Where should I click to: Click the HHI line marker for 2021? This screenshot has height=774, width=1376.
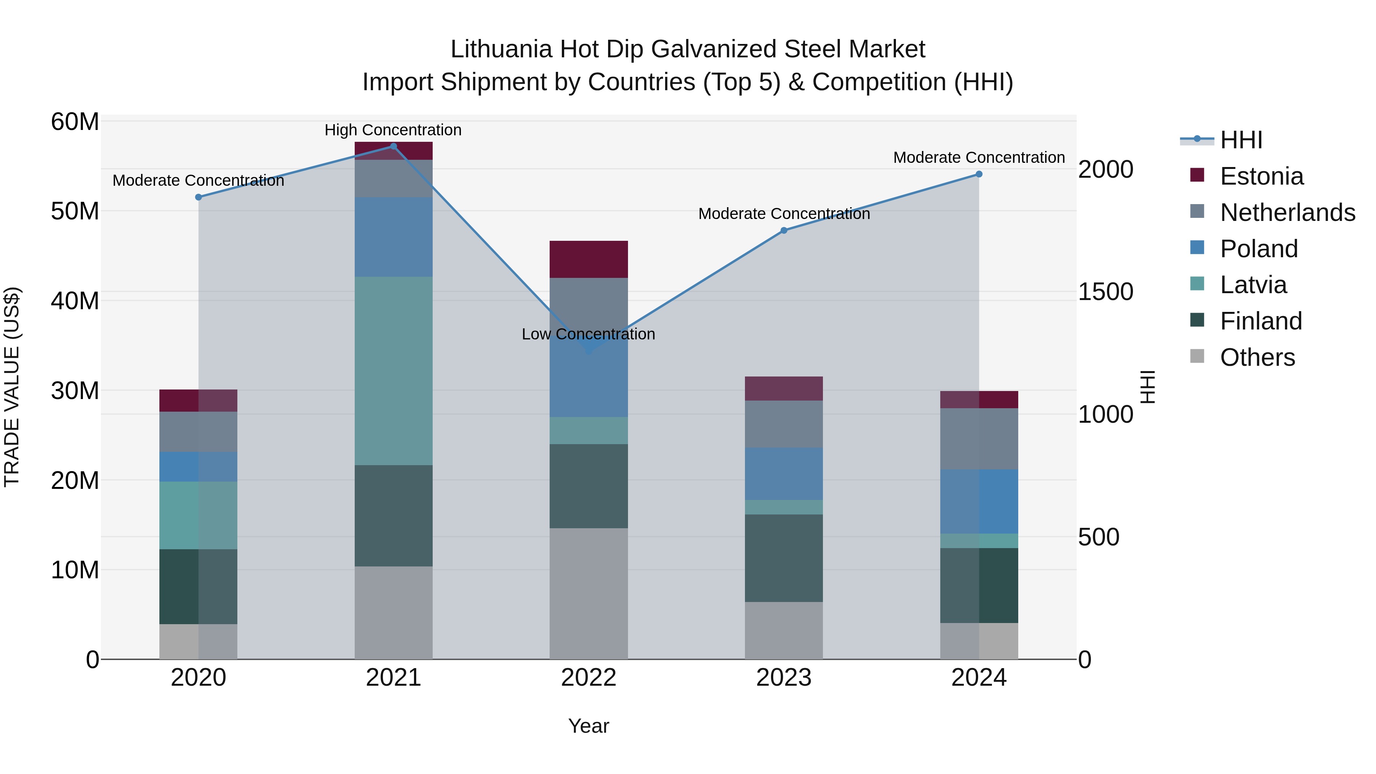pyautogui.click(x=393, y=146)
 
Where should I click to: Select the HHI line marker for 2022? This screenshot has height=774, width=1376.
pyautogui.click(x=589, y=351)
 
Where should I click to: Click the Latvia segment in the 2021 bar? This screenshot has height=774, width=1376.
pyautogui.click(x=393, y=371)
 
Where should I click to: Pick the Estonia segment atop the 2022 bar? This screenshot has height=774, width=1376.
pyautogui.click(x=589, y=259)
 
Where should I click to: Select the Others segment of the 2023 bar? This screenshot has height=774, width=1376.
pyautogui.click(x=784, y=630)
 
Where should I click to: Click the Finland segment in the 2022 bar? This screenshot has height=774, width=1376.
pyautogui.click(x=589, y=486)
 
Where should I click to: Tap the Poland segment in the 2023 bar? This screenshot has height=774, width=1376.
pyautogui.click(x=784, y=474)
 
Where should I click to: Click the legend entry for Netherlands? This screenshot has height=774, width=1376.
pyautogui.click(x=1287, y=213)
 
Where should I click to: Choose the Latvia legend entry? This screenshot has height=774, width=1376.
pyautogui.click(x=1253, y=285)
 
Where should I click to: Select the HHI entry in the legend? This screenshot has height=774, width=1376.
pyautogui.click(x=1241, y=140)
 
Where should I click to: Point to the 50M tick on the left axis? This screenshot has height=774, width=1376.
pyautogui.click(x=75, y=211)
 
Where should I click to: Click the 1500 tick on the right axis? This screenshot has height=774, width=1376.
pyautogui.click(x=1105, y=292)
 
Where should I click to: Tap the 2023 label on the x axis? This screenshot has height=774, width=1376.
pyautogui.click(x=784, y=678)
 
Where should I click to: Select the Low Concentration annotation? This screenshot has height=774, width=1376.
pyautogui.click(x=588, y=334)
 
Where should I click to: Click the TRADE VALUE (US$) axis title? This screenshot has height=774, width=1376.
pyautogui.click(x=12, y=387)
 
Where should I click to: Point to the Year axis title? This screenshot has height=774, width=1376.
pyautogui.click(x=589, y=726)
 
